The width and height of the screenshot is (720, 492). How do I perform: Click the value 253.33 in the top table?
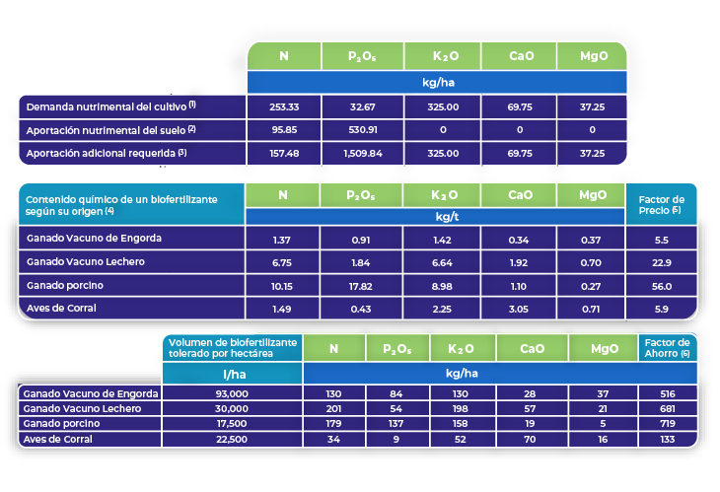tap(283, 106)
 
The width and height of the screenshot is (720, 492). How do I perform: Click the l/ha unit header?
tap(234, 374)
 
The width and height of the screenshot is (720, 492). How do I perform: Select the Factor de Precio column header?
tap(662, 204)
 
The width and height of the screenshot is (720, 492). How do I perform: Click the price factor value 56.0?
tap(662, 286)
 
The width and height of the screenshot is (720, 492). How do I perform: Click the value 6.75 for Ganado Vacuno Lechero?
tap(283, 262)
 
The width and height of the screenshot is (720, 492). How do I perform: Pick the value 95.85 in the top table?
tap(283, 129)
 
